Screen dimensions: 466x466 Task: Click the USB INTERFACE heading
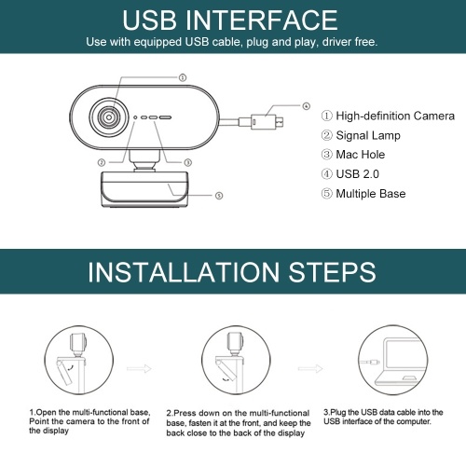point(230,21)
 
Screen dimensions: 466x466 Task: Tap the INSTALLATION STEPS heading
point(232,272)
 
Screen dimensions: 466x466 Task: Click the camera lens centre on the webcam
point(109,117)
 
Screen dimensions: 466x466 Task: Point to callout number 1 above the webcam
point(183,77)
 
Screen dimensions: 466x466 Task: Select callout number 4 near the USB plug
point(307,106)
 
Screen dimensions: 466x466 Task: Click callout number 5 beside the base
point(219,196)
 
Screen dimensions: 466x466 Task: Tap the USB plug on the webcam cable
point(267,121)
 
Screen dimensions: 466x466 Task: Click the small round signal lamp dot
point(135,117)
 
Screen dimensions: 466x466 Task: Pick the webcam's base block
point(144,189)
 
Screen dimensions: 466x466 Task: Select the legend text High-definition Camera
point(395,116)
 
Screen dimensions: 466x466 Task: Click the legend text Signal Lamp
point(368,135)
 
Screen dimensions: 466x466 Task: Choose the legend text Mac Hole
point(361,155)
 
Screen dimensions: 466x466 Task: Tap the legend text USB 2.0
point(358,174)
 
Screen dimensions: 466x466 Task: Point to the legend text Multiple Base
point(371,194)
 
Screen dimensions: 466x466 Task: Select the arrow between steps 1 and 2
point(139,369)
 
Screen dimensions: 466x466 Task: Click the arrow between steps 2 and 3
point(310,369)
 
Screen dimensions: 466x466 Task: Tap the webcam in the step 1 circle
point(77,344)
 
